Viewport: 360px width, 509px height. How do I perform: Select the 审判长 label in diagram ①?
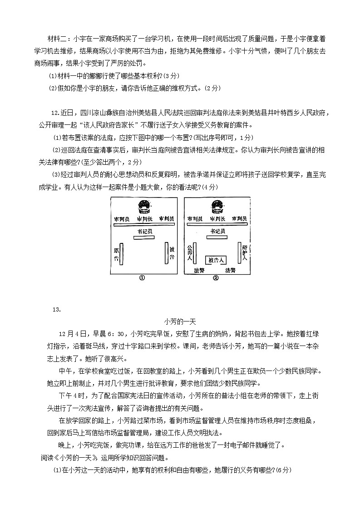tap(144, 219)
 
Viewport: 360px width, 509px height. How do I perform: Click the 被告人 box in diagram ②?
tap(216, 260)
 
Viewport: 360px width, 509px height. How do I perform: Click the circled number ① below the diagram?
tap(142, 278)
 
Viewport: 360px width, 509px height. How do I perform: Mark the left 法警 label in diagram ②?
tap(199, 270)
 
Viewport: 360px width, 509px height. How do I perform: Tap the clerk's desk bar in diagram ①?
tap(144, 238)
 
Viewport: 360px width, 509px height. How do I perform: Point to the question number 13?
tap(57, 310)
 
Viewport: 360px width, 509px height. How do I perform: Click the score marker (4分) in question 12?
tap(210, 187)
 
